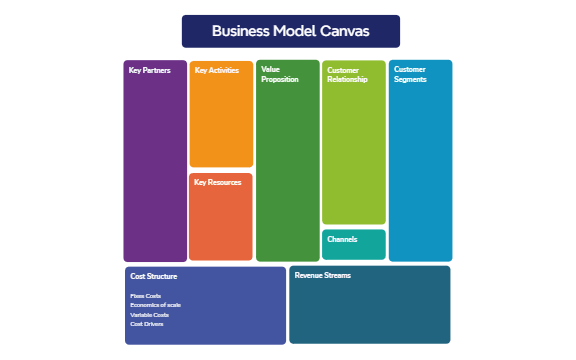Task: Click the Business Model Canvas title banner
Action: click(290, 31)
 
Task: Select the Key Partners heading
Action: click(143, 71)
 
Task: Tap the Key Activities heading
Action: click(216, 71)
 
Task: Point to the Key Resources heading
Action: click(217, 183)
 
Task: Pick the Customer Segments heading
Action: click(410, 75)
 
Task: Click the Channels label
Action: click(342, 240)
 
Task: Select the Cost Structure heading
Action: click(153, 275)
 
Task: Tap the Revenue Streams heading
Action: click(323, 275)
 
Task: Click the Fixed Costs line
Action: click(145, 296)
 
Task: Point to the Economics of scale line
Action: click(155, 305)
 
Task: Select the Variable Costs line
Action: click(149, 315)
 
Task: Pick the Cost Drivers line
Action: click(146, 324)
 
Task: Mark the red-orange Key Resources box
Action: click(221, 225)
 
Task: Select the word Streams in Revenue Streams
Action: click(337, 275)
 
